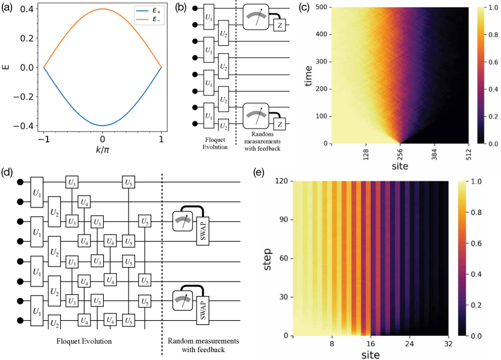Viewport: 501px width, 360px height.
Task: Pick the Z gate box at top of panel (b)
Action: [280, 25]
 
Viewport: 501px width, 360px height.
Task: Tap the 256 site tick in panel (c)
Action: [400, 154]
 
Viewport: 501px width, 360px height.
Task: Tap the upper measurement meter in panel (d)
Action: [181, 221]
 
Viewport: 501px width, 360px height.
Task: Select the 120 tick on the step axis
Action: [280, 181]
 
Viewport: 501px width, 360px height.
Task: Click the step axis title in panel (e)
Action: [263, 257]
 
